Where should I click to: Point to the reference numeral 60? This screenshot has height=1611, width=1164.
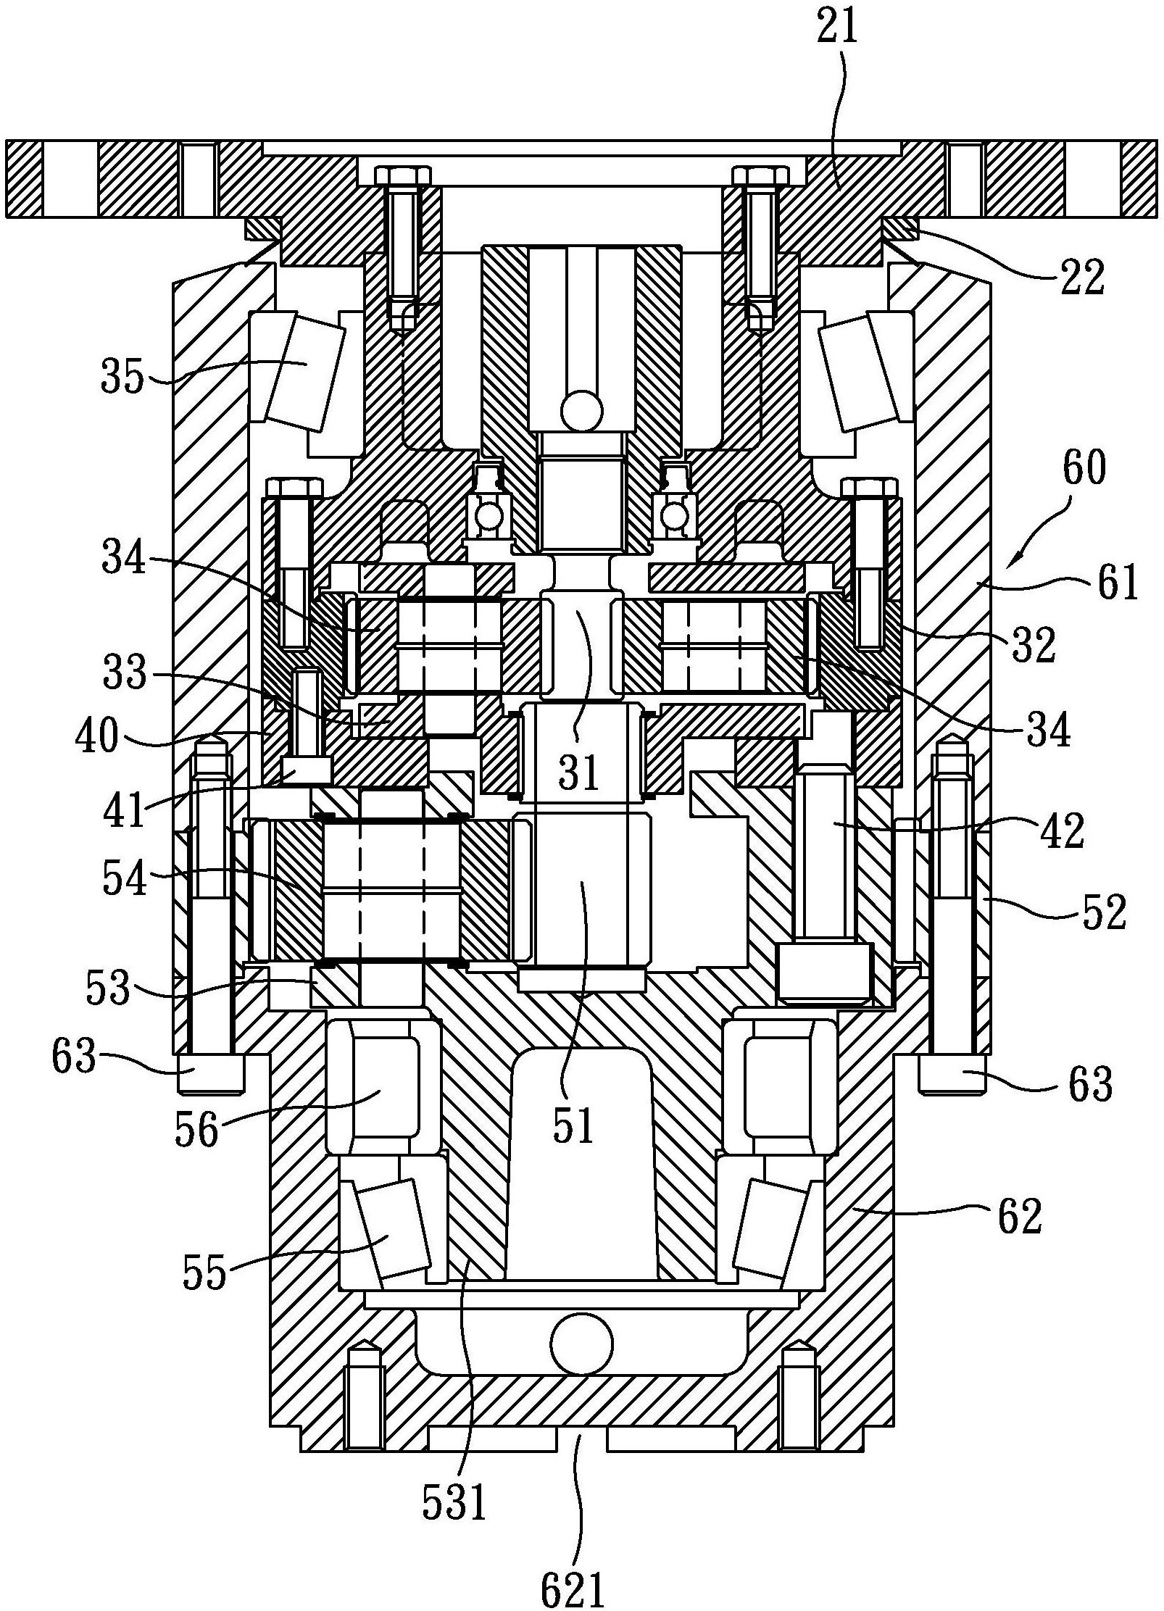1086,468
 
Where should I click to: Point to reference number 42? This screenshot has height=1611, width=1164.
1062,831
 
